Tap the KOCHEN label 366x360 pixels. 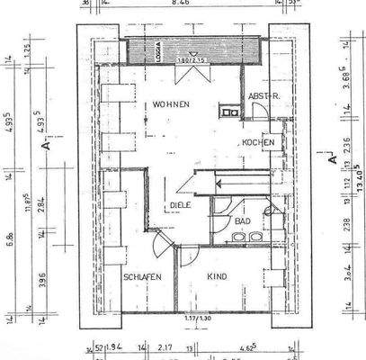pyautogui.click(x=256, y=144)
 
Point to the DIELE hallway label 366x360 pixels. pyautogui.click(x=179, y=205)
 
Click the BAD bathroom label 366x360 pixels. pyautogui.click(x=243, y=220)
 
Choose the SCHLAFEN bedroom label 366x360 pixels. pyautogui.click(x=143, y=277)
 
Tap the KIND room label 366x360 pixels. pyautogui.click(x=219, y=277)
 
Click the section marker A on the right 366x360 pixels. pyautogui.click(x=332, y=159)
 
